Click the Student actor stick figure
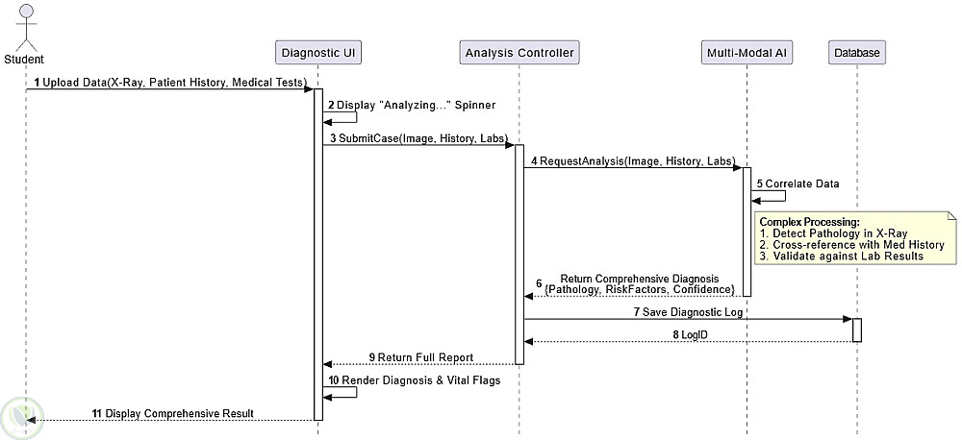[25, 29]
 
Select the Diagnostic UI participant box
[317, 52]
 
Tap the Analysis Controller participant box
[519, 52]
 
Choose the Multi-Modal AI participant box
[747, 52]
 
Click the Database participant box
[855, 52]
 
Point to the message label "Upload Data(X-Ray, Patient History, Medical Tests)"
[174, 83]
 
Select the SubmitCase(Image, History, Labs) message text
[418, 138]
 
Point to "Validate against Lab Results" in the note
[848, 257]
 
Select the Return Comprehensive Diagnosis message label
[640, 284]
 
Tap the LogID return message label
[690, 334]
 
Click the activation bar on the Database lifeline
[856, 330]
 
